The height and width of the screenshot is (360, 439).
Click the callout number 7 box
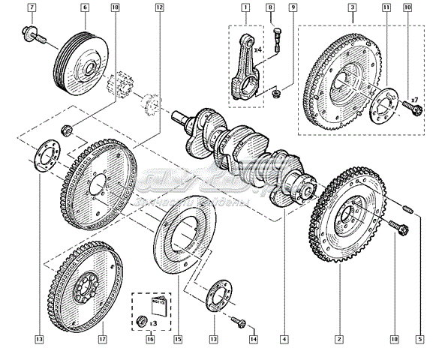(x=32, y=7)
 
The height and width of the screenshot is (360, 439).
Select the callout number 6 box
(x=84, y=7)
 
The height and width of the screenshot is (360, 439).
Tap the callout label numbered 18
(x=114, y=7)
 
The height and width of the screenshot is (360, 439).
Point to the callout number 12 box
(x=159, y=7)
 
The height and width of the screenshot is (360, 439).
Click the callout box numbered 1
(x=245, y=7)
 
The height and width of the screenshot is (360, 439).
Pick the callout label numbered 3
(x=352, y=7)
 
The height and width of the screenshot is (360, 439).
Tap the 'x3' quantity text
(x=153, y=322)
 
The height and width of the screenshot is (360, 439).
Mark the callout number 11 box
(x=386, y=7)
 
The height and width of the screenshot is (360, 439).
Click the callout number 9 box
(x=293, y=7)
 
